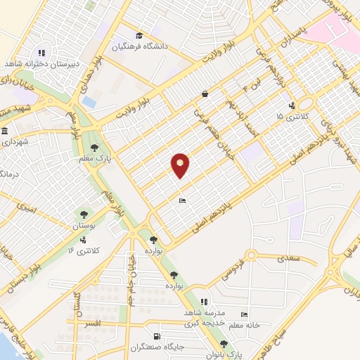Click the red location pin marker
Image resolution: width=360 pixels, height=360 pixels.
[181, 165]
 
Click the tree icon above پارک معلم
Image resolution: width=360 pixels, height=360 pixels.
[94, 147]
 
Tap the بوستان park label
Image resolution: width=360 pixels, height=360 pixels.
[84, 226]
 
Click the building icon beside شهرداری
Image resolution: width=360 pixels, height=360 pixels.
[4, 132]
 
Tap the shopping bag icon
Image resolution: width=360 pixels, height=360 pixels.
[205, 94]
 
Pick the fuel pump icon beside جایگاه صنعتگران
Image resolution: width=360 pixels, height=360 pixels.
[156, 337]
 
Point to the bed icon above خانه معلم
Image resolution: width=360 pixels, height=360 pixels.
[244, 314]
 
